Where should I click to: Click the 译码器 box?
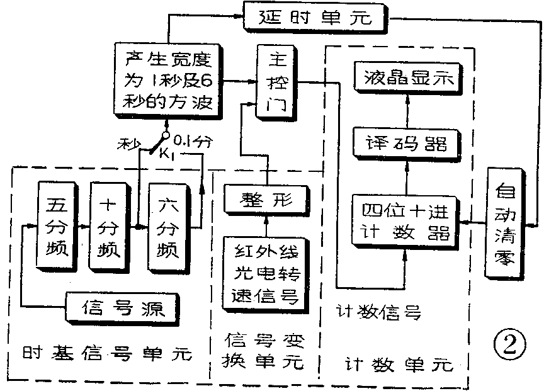tap(406, 144)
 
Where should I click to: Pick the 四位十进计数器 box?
tap(405, 221)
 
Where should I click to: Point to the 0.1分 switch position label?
tap(191, 140)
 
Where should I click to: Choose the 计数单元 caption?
tap(398, 363)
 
